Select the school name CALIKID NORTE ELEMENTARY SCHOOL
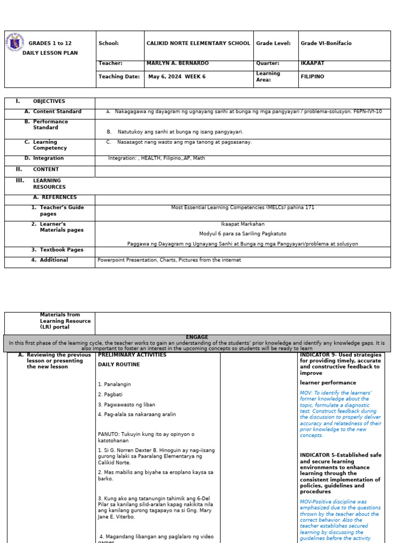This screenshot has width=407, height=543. [198, 43]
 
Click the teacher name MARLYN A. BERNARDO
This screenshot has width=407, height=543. [178, 63]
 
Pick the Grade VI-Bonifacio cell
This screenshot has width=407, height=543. [326, 43]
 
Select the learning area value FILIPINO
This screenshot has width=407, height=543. [312, 77]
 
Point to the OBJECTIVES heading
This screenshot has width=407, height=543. [49, 101]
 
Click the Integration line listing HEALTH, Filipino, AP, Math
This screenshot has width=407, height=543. [156, 158]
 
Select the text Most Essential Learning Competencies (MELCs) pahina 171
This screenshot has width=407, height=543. [242, 208]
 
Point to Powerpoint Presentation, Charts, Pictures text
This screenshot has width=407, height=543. [169, 260]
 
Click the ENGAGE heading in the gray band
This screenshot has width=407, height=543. [197, 337]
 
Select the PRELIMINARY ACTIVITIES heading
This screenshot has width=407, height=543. [132, 355]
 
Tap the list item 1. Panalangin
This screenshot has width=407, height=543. [114, 384]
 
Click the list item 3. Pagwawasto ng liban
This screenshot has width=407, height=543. [127, 405]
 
